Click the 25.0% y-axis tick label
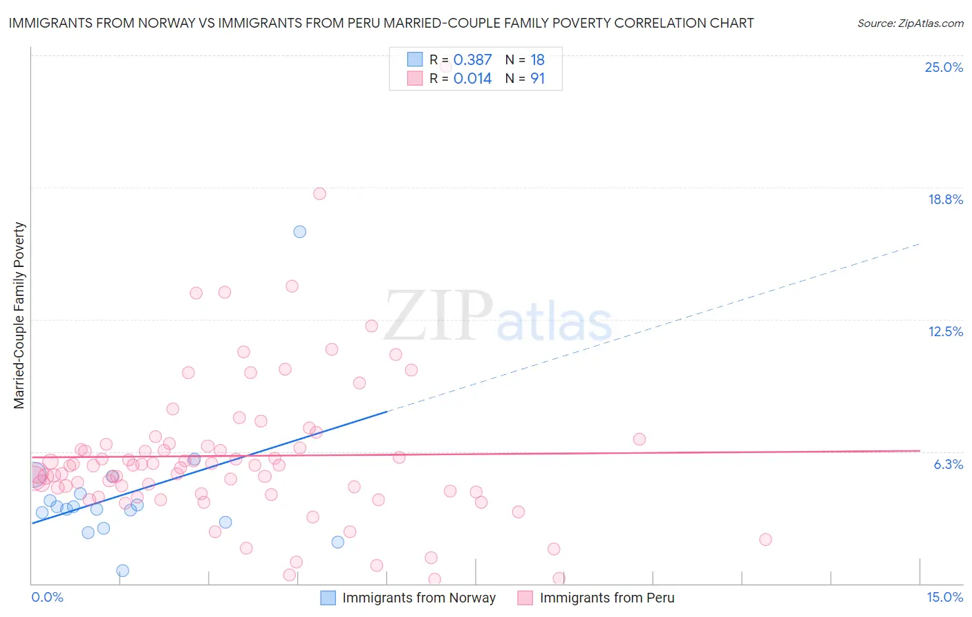pos(944,67)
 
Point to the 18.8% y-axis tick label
pos(945,199)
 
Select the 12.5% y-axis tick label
pos(945,331)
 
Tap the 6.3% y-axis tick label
pos(948,464)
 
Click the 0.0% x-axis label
pos(47,597)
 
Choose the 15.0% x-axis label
pos(944,597)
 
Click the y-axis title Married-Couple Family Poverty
pos(19,315)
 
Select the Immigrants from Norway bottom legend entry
pos(418,598)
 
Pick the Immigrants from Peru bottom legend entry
pos(606,598)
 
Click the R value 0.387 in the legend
pos(472,60)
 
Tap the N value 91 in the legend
pos(537,79)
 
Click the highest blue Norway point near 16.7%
pos(299,232)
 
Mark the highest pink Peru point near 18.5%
pos(319,194)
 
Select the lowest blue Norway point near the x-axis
pos(122,571)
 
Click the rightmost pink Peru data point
pos(765,540)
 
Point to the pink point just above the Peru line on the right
pos(639,439)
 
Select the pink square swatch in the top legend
pos(415,79)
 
